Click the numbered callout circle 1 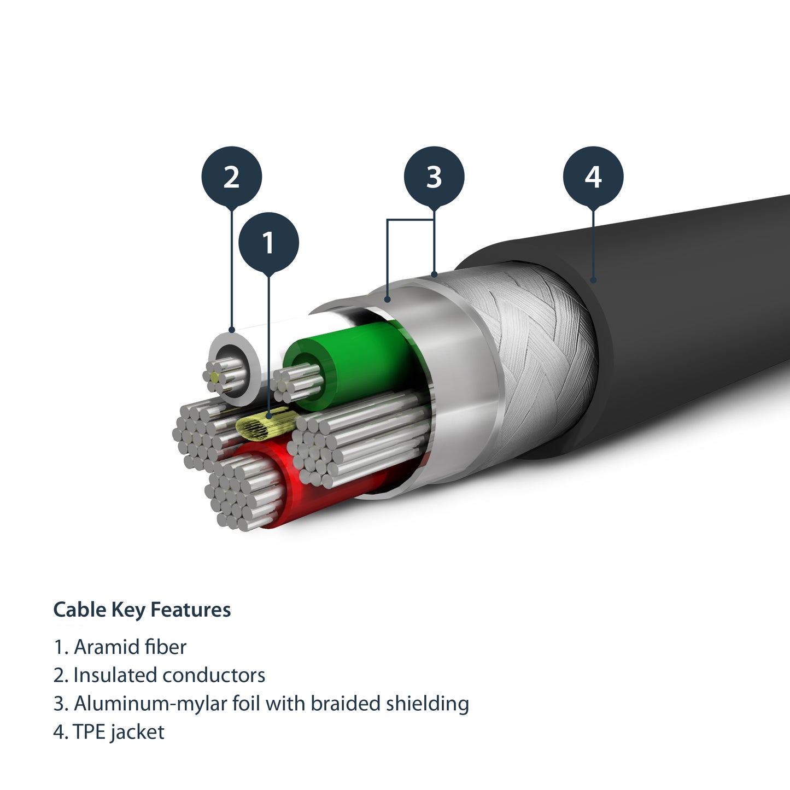268,242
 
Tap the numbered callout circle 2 231,177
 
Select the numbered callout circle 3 434,177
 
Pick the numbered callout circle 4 593,177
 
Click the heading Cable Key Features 142,610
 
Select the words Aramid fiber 130,647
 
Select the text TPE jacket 119,732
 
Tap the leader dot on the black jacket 593,280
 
